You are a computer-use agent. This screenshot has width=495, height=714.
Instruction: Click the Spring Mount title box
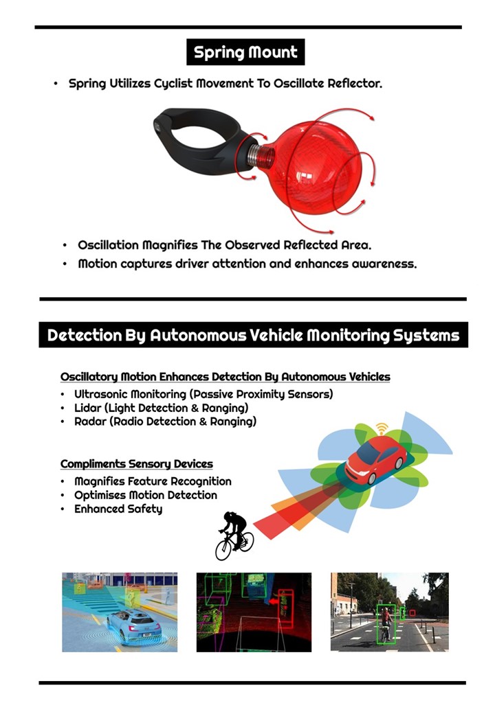pos(245,52)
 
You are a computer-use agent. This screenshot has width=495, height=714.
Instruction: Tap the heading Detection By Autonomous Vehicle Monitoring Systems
pos(254,335)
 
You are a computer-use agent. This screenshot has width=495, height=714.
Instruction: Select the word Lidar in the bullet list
pos(87,408)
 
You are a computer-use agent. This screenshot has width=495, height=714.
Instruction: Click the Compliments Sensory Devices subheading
pos(137,464)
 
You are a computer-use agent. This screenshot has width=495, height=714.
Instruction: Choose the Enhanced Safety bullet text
pos(118,509)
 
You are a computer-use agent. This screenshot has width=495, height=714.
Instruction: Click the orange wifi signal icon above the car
pos(382,428)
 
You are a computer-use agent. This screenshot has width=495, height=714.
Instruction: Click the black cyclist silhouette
pos(233,535)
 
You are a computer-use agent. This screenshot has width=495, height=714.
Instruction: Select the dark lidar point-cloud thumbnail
pos(254,612)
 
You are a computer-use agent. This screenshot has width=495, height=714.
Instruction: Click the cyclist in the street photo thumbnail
pos(386,624)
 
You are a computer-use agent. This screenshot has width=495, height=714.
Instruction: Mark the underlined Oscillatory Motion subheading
pos(225,377)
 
